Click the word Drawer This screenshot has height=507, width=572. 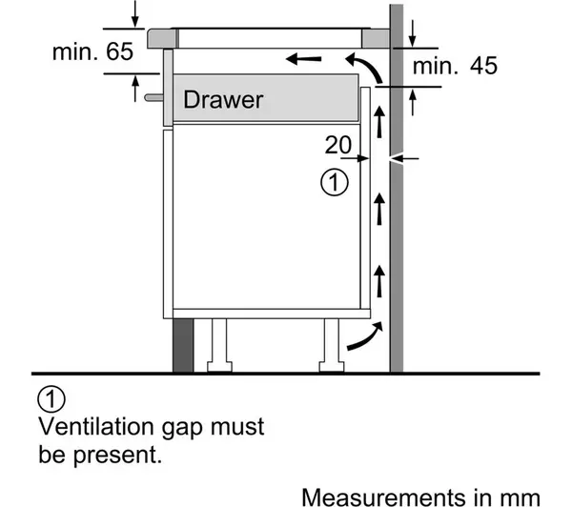pyautogui.click(x=222, y=99)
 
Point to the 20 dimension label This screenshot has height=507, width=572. pyautogui.click(x=338, y=145)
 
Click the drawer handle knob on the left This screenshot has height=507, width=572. pyautogui.click(x=153, y=94)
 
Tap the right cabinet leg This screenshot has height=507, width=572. pyautogui.click(x=331, y=343)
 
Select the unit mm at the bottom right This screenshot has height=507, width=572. pyautogui.click(x=524, y=497)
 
